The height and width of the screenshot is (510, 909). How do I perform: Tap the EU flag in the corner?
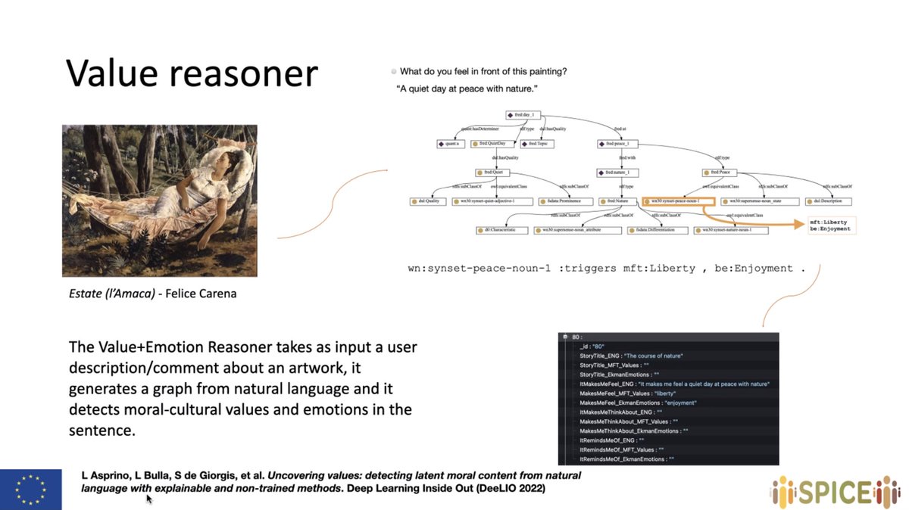[x=31, y=489]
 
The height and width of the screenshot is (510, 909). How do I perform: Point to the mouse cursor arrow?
[x=148, y=499]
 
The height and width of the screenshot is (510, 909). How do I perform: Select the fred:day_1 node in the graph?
[x=523, y=115]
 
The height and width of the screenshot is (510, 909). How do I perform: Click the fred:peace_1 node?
[x=618, y=143]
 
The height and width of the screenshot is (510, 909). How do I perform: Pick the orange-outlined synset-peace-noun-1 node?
[x=678, y=201]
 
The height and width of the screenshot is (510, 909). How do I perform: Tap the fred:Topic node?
[x=538, y=143]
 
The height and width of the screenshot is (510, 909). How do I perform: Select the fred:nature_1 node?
[x=618, y=173]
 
